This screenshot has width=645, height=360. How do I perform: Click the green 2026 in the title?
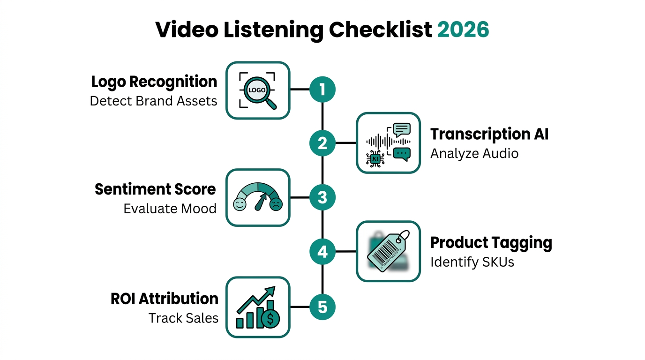click(x=463, y=30)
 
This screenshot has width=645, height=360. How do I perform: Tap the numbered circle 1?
click(x=322, y=89)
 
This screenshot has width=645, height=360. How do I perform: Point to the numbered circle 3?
click(x=322, y=198)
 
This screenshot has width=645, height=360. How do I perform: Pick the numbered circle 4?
click(x=322, y=252)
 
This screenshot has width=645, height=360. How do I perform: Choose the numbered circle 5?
click(x=322, y=307)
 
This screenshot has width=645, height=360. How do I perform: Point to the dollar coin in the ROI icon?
click(x=270, y=319)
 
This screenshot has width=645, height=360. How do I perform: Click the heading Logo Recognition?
click(x=154, y=82)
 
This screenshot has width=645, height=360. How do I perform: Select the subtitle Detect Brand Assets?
click(x=154, y=101)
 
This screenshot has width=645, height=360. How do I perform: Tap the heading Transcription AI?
click(x=489, y=134)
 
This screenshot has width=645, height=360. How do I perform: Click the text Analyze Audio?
click(x=474, y=153)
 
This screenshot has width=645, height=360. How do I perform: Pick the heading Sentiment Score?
click(x=156, y=189)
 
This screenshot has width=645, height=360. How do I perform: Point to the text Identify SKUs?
click(x=472, y=262)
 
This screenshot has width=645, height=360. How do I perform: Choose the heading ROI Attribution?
click(x=165, y=299)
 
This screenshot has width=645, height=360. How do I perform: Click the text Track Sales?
click(x=183, y=318)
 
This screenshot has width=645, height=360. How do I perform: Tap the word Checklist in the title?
click(x=380, y=30)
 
